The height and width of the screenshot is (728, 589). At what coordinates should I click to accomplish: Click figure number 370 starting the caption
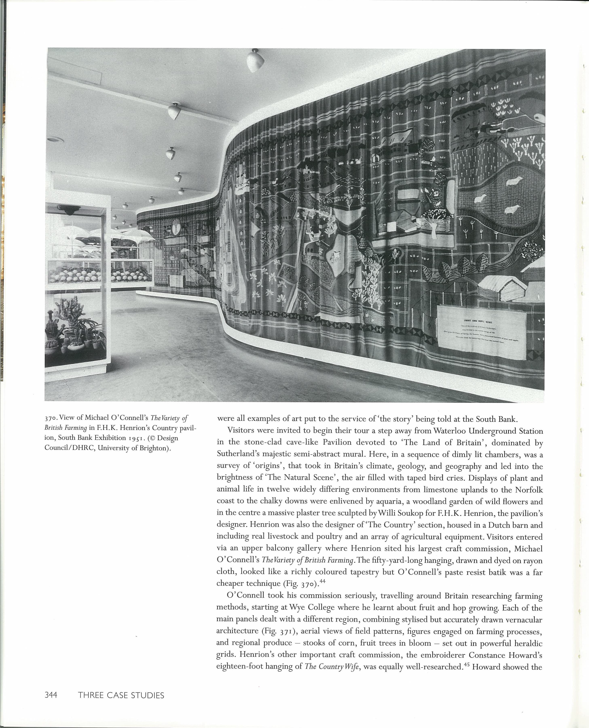pos(51,418)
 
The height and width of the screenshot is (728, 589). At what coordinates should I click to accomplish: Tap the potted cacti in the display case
pos(75,329)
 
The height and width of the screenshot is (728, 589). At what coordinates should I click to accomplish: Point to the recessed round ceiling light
pos(53,139)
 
